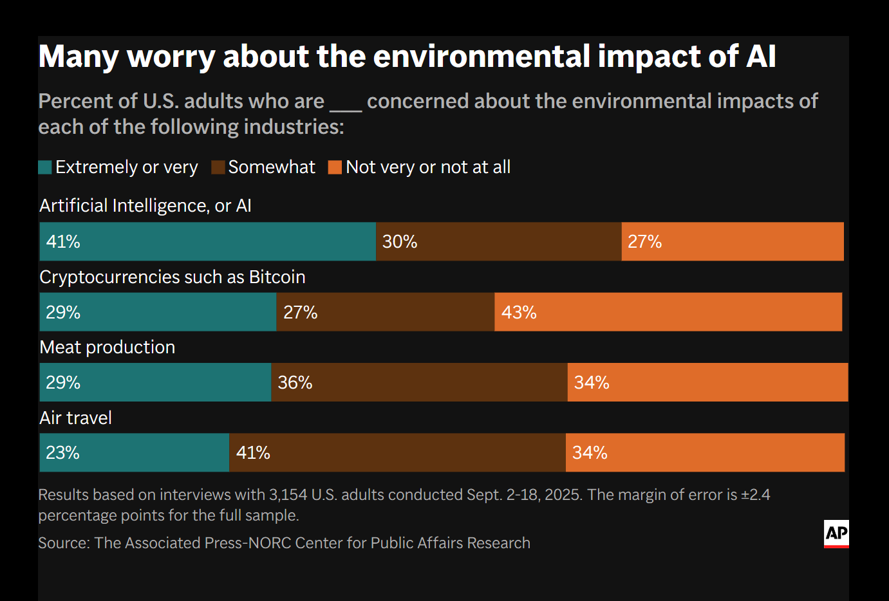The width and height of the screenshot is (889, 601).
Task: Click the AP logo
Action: (x=836, y=533)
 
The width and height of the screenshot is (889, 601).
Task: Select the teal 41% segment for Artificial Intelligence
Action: (x=207, y=241)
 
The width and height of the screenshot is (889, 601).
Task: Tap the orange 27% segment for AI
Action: (x=733, y=241)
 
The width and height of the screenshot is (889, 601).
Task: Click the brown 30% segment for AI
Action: (x=498, y=241)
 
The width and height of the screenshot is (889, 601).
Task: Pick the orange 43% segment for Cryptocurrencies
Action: (x=668, y=312)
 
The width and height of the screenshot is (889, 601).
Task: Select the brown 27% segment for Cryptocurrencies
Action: (x=385, y=312)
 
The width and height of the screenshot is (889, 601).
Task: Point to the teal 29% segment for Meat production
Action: (x=155, y=382)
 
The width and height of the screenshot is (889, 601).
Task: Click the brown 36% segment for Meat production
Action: (x=419, y=382)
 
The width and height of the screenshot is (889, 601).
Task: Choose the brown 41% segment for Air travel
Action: (x=397, y=452)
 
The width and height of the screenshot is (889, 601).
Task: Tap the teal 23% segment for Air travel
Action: (x=134, y=452)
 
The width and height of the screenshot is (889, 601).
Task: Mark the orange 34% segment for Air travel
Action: (x=705, y=452)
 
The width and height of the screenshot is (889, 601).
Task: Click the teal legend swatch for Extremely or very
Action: (x=45, y=167)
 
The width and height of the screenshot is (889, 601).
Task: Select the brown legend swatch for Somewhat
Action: (x=218, y=167)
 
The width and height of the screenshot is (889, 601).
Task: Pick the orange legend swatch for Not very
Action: (x=335, y=167)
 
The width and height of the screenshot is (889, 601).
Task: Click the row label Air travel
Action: (x=75, y=418)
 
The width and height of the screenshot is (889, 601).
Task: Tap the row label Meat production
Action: (x=107, y=347)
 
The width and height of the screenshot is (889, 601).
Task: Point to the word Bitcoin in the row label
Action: (x=277, y=277)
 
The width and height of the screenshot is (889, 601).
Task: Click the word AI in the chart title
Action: (x=761, y=57)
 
